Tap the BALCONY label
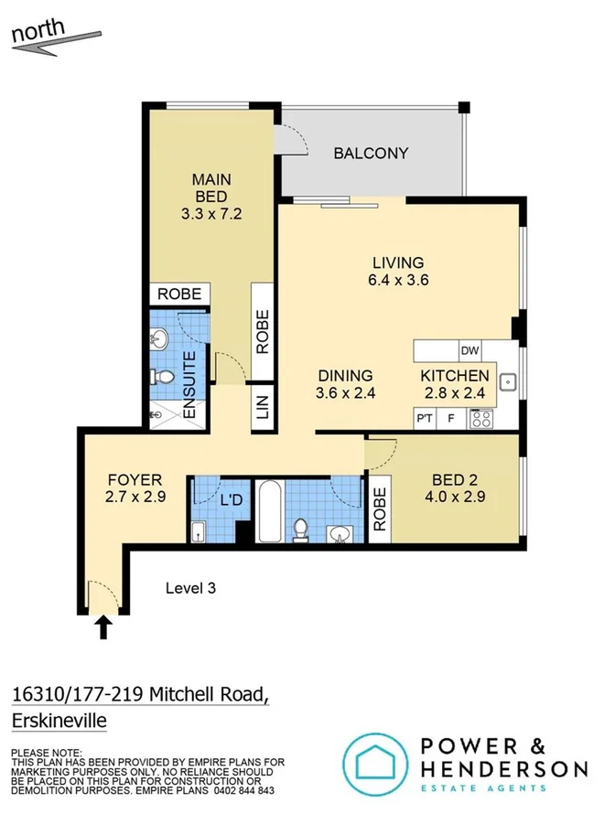pos(370,154)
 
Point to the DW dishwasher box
pos(469,350)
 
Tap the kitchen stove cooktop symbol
pos(481,420)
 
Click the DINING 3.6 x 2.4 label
pos(346,384)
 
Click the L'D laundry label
pos(232,500)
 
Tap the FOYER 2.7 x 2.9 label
pos(135,488)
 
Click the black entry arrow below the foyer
pos(103,627)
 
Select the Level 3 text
pos(190,588)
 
